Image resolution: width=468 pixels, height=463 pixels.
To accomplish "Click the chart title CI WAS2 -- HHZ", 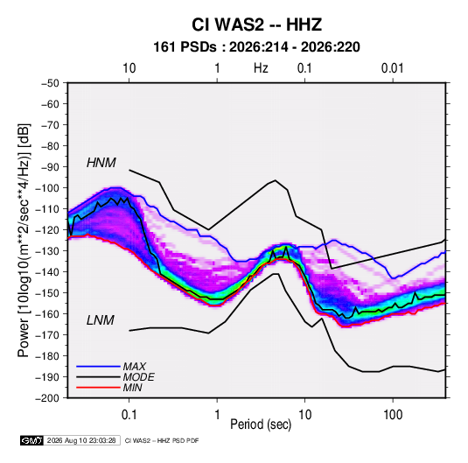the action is (x=256, y=25).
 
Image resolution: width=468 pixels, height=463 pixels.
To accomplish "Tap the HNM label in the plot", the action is (x=101, y=163).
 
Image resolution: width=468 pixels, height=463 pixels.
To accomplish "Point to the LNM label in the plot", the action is (x=101, y=320).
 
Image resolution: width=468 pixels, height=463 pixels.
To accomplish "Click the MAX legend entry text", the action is (x=135, y=367).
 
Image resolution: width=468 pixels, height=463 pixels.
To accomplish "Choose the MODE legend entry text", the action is (x=138, y=377).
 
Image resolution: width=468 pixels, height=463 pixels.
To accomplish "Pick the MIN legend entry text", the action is (x=132, y=388).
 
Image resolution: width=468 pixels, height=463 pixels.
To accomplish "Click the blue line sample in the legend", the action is (x=98, y=367).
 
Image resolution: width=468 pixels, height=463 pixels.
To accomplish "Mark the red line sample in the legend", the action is (x=98, y=388).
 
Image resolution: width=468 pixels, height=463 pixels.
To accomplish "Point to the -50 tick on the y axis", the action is (x=50, y=83).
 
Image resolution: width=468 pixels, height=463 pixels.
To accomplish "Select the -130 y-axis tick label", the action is (x=47, y=251).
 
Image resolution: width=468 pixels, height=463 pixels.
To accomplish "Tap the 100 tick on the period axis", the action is (x=393, y=415).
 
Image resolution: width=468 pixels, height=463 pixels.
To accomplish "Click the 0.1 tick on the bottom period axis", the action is (x=129, y=415).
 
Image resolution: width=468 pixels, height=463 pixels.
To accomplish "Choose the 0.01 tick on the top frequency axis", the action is (x=393, y=68).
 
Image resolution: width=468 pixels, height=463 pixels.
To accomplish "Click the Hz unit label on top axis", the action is (x=261, y=68).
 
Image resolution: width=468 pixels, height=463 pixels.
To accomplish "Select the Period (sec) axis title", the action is (x=261, y=424).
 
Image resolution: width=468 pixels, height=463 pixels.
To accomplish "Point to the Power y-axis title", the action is (x=24, y=240).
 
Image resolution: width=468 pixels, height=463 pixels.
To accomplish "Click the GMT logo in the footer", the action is (x=32, y=440).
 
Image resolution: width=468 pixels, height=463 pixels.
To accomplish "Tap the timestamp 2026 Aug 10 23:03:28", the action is (x=81, y=440).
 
